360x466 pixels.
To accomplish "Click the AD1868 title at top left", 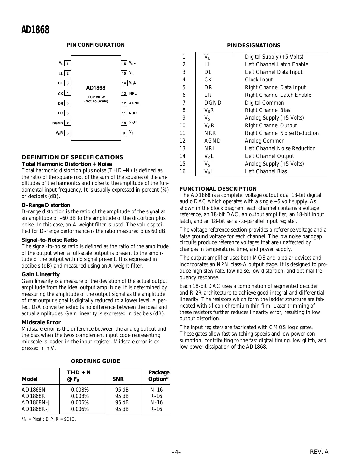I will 35,30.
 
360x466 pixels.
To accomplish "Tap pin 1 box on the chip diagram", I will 67,64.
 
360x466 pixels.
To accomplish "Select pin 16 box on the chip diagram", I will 124,64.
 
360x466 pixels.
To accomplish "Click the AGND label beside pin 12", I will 134,103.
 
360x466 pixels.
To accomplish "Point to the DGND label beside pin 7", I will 57,123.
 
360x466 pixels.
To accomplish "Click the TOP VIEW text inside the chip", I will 96,97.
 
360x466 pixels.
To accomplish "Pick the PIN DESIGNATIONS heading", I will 253,46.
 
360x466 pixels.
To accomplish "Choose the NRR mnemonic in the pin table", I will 210,133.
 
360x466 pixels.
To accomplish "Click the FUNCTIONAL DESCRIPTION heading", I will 218,189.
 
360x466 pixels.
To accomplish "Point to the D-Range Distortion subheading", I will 46,205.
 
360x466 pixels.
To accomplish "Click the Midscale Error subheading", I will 41,322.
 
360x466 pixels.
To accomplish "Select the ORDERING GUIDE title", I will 95,361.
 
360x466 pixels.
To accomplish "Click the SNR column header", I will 118,379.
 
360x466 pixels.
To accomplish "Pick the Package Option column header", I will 158,376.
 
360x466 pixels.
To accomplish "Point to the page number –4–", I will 176,452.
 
